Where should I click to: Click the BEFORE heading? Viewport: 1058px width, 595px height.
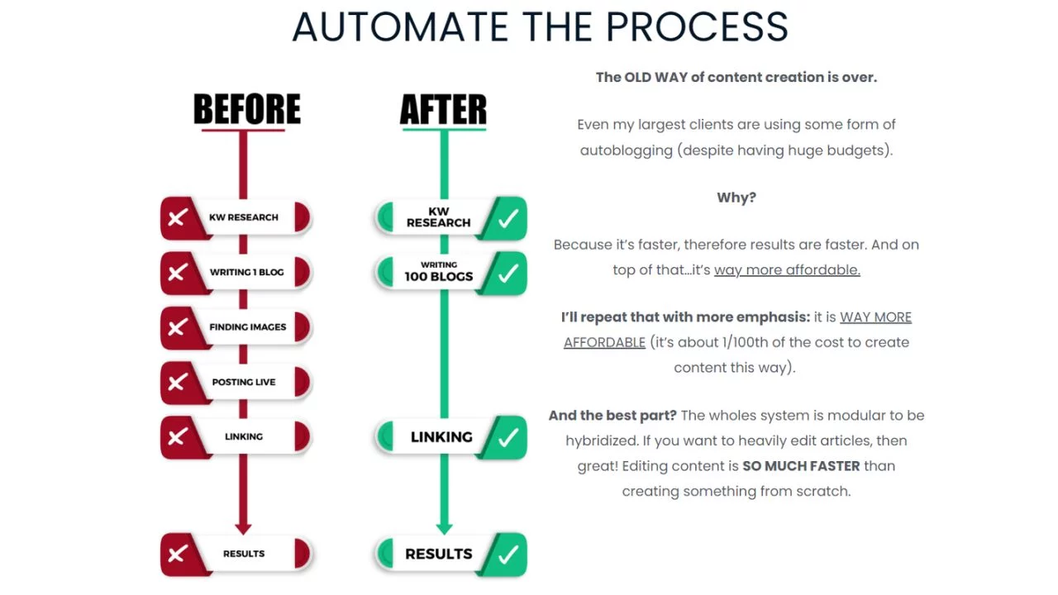pos(246,109)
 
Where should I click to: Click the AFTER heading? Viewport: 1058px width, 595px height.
pos(443,109)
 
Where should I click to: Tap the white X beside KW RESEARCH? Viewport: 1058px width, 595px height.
pos(177,218)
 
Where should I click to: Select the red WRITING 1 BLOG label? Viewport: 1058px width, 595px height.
pos(246,272)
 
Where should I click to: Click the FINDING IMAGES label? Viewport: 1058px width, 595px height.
pos(247,327)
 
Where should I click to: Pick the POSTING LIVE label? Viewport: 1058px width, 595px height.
pos(244,382)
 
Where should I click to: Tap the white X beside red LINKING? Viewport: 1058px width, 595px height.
pos(177,437)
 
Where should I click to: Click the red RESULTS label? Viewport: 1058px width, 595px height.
pos(244,554)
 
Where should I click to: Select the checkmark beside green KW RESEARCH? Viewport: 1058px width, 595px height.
pos(508,218)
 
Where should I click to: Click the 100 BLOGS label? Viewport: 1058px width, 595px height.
pos(438,276)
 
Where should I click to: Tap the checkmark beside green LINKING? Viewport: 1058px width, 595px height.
pos(508,437)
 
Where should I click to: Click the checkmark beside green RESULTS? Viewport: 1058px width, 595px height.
pos(508,554)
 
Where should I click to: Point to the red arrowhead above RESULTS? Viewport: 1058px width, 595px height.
pos(243,526)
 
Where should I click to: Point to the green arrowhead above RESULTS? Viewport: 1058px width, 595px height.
pos(444,526)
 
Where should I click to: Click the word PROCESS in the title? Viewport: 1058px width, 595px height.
pos(697,26)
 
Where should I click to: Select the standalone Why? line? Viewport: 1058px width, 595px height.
pos(736,198)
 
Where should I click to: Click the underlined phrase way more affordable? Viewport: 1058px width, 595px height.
pos(787,269)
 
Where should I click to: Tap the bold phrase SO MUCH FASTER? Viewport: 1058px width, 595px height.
pos(801,466)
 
